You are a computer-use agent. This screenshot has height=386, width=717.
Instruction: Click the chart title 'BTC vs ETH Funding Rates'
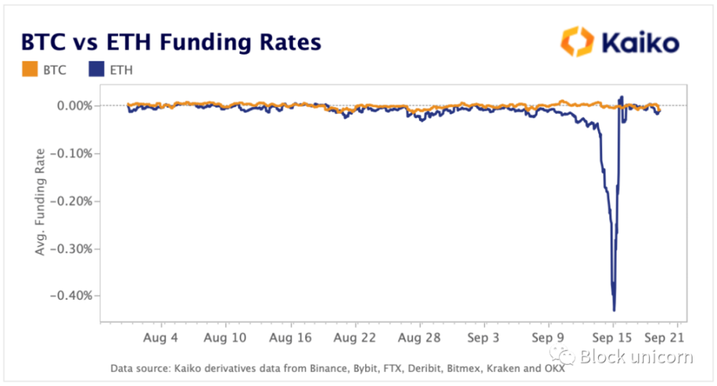[x=171, y=41]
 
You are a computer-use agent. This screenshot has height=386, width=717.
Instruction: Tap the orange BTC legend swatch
[x=30, y=70]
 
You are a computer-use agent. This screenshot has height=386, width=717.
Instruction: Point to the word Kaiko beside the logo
[x=640, y=42]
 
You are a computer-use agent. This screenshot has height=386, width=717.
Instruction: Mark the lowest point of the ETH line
[x=614, y=310]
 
